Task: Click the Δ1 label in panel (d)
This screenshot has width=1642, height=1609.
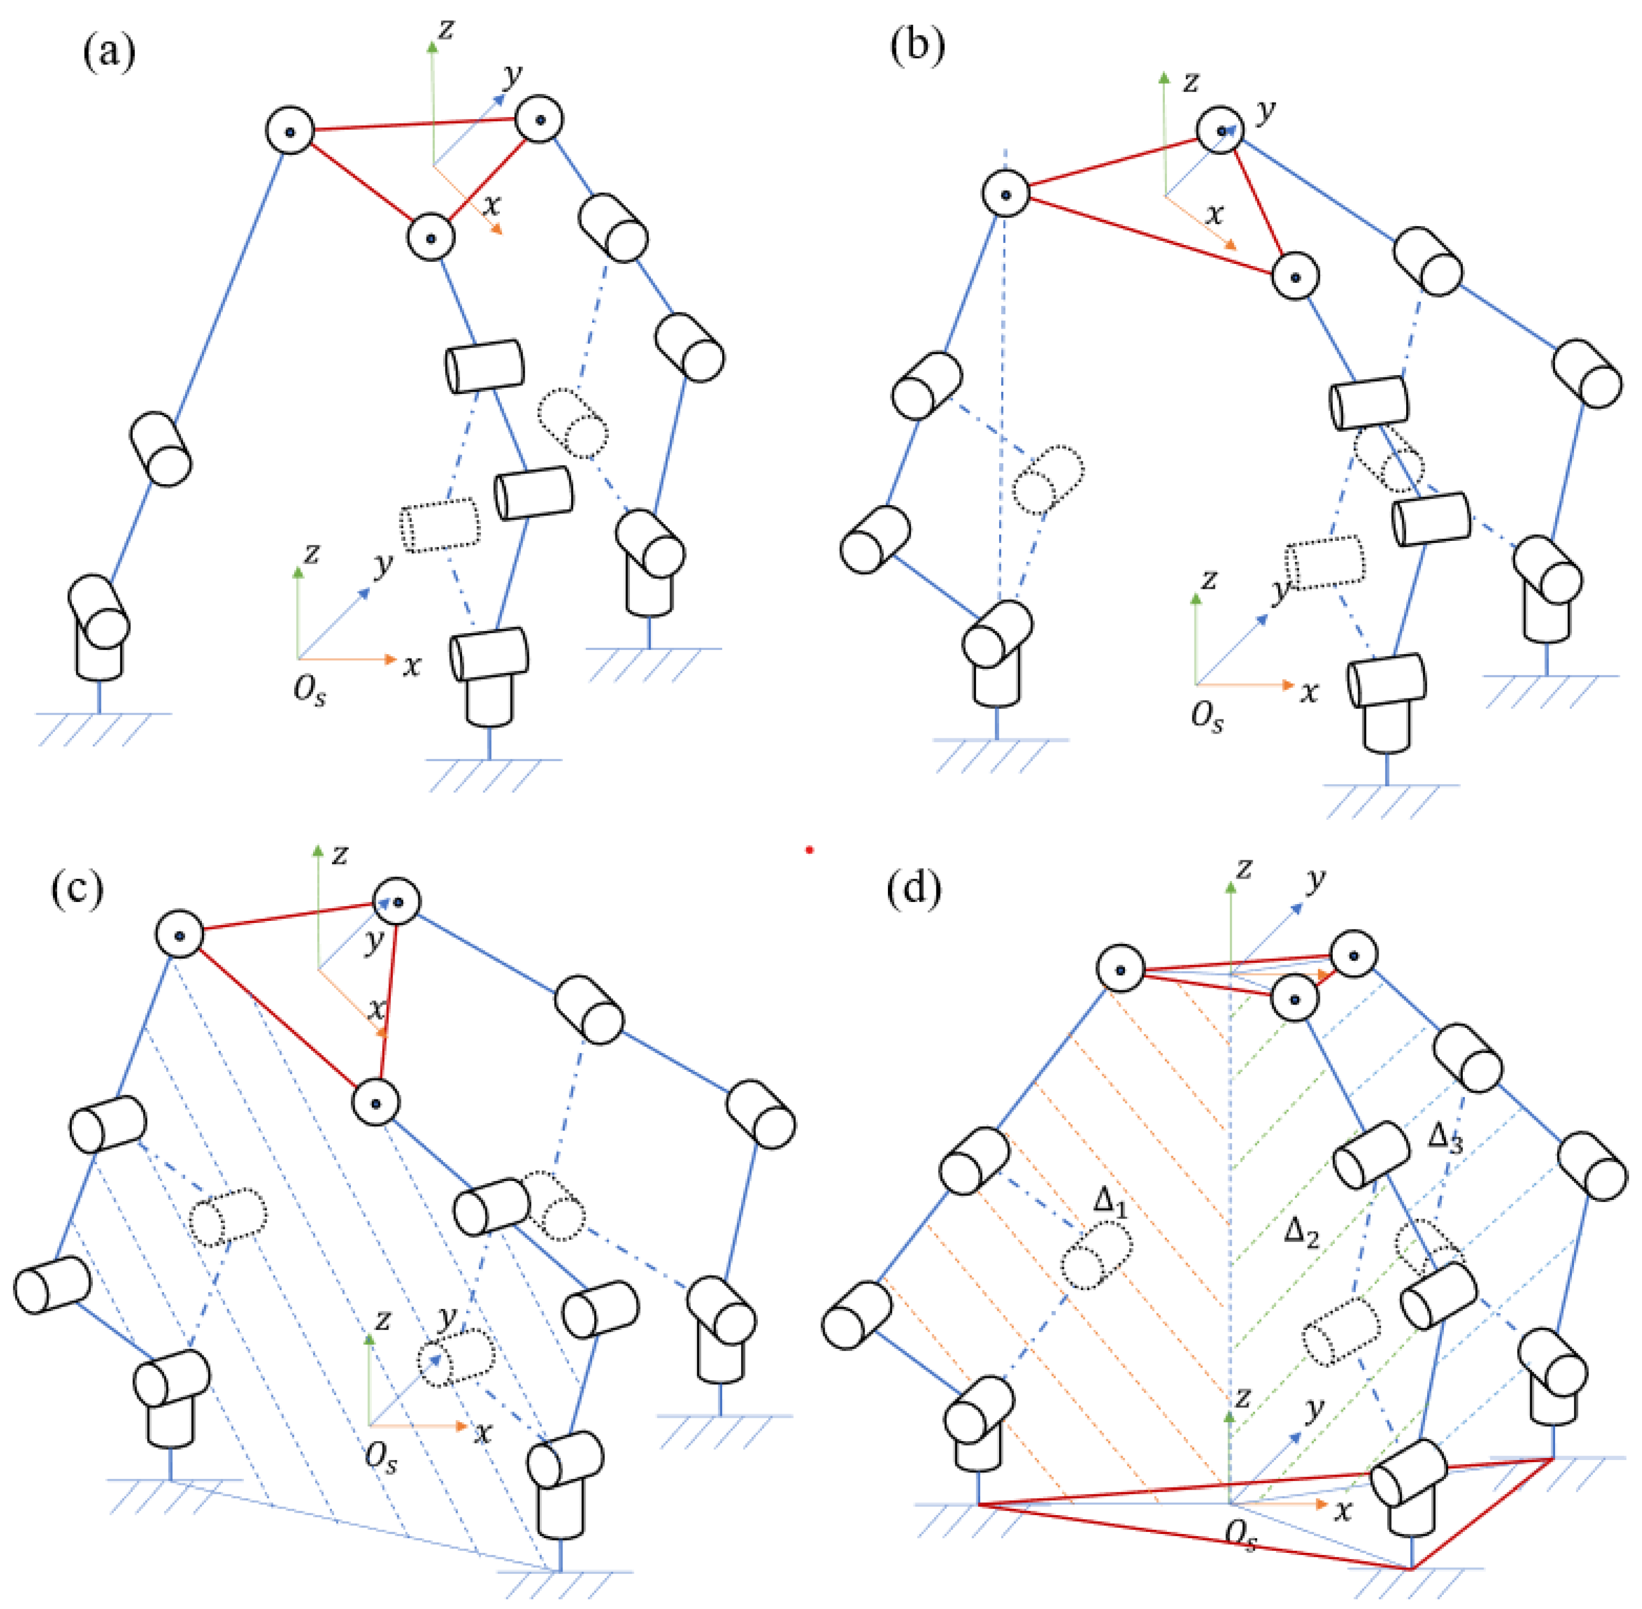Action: coord(1110,1201)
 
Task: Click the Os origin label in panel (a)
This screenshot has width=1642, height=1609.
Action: coord(309,691)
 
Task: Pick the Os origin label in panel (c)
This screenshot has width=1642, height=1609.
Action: coord(381,1458)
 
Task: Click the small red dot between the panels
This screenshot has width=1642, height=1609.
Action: coord(810,850)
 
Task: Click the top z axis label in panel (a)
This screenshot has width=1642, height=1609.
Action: coord(445,30)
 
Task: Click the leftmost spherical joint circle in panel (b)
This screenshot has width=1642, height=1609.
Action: coord(1005,194)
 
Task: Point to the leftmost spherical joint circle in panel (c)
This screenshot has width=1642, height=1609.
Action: coord(179,935)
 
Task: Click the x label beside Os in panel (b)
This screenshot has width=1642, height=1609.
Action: coord(1309,693)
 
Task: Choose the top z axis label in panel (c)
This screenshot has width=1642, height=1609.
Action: coord(340,854)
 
